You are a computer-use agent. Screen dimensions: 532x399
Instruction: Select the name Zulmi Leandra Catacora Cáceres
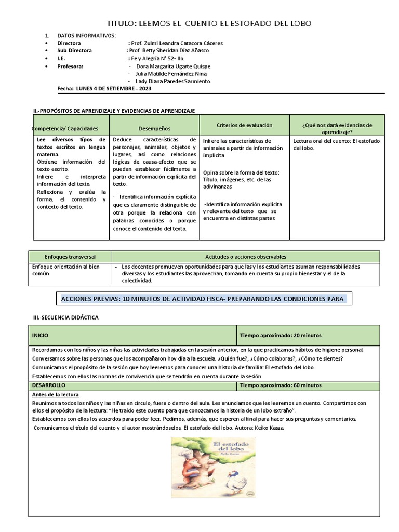click(177, 43)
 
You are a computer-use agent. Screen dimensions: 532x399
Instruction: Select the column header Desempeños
click(154, 128)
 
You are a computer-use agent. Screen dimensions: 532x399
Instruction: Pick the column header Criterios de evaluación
click(244, 125)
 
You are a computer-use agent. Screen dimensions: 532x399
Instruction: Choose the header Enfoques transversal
click(70, 257)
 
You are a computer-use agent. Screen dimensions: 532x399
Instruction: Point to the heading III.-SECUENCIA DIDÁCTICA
click(65, 317)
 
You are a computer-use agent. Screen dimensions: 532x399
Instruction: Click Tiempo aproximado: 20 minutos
click(281, 335)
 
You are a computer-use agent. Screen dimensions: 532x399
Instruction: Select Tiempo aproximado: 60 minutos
click(281, 385)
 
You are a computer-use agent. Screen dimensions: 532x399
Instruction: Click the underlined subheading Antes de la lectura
click(52, 395)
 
